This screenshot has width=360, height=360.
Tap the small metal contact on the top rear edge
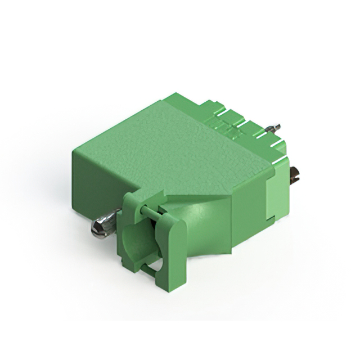tap(274, 129)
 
